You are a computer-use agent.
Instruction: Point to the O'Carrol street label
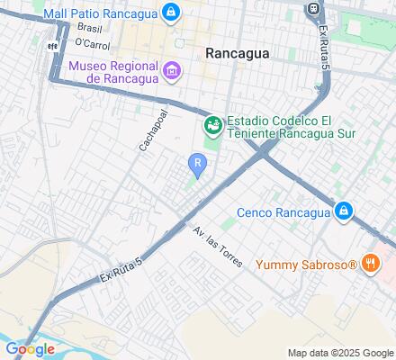[x=92, y=42]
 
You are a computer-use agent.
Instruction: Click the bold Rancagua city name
[x=237, y=53]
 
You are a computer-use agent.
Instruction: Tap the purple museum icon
[x=172, y=69]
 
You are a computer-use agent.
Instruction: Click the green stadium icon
[x=213, y=124]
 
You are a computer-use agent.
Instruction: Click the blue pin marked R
[x=196, y=165]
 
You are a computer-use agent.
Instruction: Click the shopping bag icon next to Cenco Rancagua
[x=342, y=211]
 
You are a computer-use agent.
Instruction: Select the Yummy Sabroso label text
[x=307, y=265]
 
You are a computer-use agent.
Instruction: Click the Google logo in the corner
[x=30, y=348]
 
